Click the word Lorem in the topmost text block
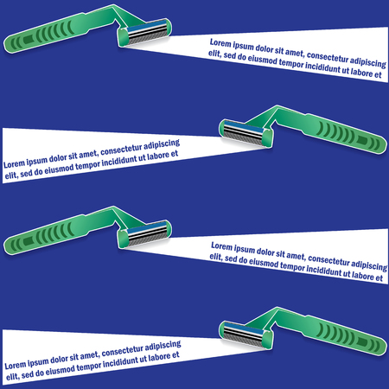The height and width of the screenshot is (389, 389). click(224, 42)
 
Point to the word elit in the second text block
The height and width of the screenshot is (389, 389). click(11, 175)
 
